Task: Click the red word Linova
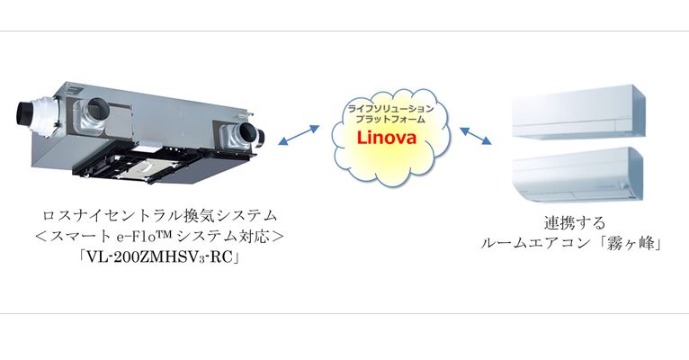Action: pyautogui.click(x=387, y=138)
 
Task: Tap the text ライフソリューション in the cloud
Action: pyautogui.click(x=390, y=109)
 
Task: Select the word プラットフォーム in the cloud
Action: pyautogui.click(x=390, y=119)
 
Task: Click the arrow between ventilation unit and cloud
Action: pyautogui.click(x=299, y=134)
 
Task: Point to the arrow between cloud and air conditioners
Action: pyautogui.click(x=476, y=136)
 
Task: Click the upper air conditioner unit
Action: pyautogui.click(x=578, y=112)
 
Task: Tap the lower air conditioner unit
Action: pyautogui.click(x=578, y=175)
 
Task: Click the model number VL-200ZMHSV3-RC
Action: pyautogui.click(x=158, y=257)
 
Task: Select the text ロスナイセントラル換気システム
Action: pyautogui.click(x=159, y=215)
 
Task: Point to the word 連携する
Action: pyautogui.click(x=575, y=223)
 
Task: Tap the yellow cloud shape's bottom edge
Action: pyautogui.click(x=391, y=185)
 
